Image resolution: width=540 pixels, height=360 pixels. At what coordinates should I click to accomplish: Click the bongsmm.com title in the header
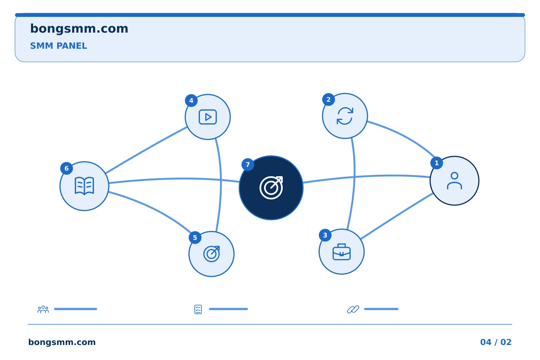point(79,29)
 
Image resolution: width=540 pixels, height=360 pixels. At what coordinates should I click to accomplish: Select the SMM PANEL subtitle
point(58,46)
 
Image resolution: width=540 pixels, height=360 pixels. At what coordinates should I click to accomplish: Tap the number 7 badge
point(247,165)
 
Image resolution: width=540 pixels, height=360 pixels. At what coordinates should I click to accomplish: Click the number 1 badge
point(436,163)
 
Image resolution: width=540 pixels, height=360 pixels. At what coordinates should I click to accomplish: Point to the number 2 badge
point(328,100)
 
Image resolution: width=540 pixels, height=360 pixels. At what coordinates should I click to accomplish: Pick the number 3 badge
point(325,235)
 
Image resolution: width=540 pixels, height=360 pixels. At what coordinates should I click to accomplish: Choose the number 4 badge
point(191,100)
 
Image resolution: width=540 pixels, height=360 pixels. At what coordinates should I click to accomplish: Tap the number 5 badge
point(195,237)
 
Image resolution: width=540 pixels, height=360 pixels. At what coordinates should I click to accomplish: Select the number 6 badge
point(66,168)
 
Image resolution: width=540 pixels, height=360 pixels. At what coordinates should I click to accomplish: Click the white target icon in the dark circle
point(271,188)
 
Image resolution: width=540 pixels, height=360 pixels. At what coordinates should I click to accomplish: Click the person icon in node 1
point(454,181)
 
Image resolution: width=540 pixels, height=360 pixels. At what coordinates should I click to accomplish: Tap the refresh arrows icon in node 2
point(345,116)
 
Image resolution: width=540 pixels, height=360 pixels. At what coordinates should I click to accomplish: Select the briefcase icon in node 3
point(342,252)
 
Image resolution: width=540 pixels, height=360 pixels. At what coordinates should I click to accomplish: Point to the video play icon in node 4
point(208,117)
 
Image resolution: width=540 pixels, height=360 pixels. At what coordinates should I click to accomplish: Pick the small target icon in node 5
point(211,254)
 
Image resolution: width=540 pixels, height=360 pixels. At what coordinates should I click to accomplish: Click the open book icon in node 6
point(84,186)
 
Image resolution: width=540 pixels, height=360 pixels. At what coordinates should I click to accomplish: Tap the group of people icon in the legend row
point(43,309)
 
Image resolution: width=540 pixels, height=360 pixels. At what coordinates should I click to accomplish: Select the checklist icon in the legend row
point(198,309)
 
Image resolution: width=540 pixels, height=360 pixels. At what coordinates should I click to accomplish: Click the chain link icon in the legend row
point(353,309)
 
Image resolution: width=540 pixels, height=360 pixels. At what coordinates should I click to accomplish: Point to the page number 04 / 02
point(496,342)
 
